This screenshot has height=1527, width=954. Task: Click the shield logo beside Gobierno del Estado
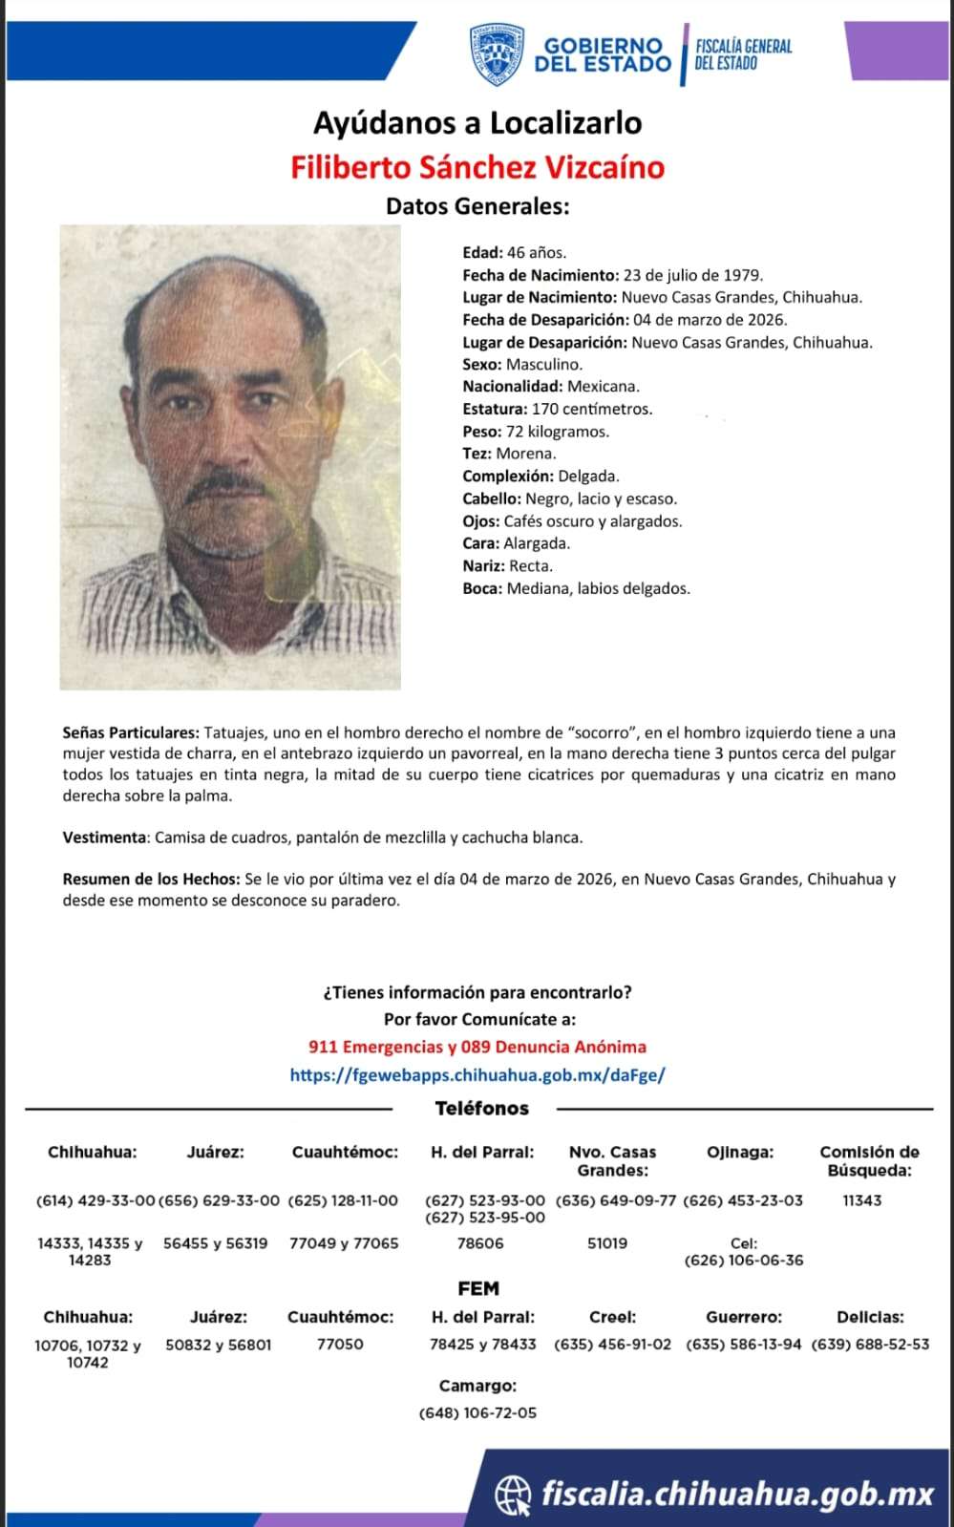click(496, 54)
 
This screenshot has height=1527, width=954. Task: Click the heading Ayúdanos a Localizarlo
click(477, 123)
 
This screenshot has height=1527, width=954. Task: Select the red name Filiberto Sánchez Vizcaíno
click(477, 167)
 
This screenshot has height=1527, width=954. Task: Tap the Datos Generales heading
click(477, 205)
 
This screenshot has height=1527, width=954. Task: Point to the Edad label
click(482, 253)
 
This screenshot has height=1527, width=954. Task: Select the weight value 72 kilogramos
click(557, 432)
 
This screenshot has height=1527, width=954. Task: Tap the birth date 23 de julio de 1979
click(692, 275)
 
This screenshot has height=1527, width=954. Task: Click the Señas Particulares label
click(131, 732)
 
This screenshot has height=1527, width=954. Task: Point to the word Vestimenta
click(104, 838)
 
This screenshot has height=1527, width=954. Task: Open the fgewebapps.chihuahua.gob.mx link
click(477, 1074)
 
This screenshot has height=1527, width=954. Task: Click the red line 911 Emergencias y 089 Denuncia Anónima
click(477, 1047)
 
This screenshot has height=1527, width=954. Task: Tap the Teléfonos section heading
click(481, 1109)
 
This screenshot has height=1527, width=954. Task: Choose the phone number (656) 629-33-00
click(219, 1200)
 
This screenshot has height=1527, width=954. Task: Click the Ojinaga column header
click(740, 1153)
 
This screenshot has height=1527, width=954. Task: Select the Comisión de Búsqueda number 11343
click(861, 1200)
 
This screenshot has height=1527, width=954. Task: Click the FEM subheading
click(478, 1288)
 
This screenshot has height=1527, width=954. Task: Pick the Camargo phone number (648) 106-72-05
click(477, 1412)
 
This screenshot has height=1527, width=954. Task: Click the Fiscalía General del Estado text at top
click(743, 54)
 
